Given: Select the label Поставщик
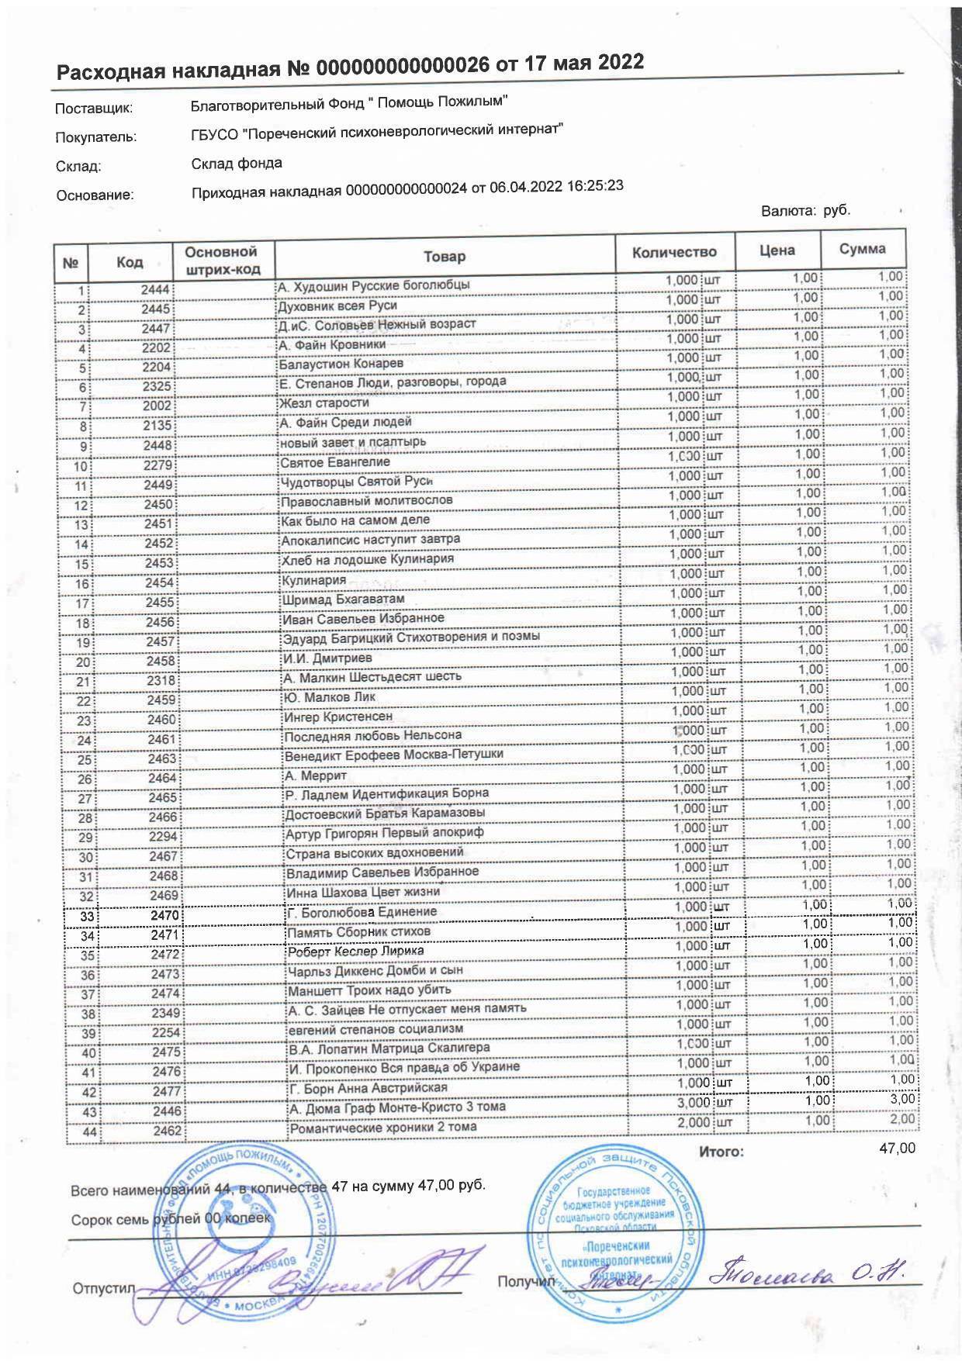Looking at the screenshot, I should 94,109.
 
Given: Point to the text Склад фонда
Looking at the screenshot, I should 237,164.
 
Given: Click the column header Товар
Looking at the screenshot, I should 445,257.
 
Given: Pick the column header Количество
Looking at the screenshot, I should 674,253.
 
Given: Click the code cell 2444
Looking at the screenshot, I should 155,290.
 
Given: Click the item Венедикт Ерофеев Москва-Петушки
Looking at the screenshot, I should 393,754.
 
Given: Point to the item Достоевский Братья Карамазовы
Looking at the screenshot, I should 385,813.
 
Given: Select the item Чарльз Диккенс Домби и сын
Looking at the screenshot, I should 375,970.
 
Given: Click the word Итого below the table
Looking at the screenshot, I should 721,1152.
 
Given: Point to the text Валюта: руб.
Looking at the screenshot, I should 805,210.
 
